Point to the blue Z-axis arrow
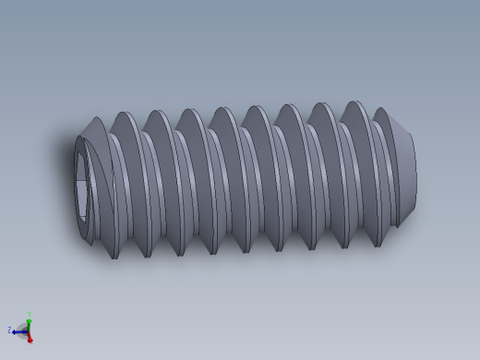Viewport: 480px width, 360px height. [18, 330]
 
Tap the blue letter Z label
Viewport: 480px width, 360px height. [9, 330]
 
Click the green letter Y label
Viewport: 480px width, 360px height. [30, 315]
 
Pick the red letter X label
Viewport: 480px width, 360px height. [30, 342]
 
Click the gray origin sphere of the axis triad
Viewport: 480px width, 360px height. [26, 330]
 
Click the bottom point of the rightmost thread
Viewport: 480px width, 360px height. [378, 246]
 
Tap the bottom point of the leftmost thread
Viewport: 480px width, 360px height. [114, 258]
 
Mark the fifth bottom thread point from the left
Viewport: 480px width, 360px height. [246, 252]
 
